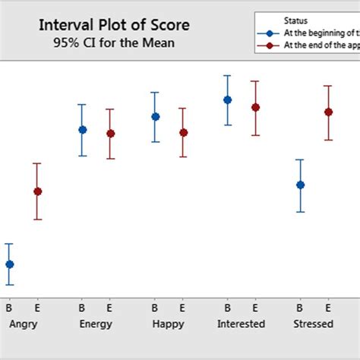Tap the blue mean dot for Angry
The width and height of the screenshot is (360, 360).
pyautogui.click(x=9, y=264)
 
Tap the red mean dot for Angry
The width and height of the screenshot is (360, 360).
pyautogui.click(x=37, y=191)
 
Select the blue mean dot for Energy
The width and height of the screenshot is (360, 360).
pyautogui.click(x=82, y=130)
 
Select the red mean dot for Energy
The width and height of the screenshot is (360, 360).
pyautogui.click(x=110, y=134)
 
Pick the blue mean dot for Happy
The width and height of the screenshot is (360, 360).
pyautogui.click(x=155, y=117)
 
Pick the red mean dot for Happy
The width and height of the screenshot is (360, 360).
pyautogui.click(x=183, y=133)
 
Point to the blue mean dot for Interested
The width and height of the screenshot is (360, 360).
pyautogui.click(x=227, y=99)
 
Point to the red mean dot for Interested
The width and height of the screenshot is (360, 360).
pyautogui.click(x=255, y=108)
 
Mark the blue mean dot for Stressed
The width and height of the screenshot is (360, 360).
pyautogui.click(x=300, y=185)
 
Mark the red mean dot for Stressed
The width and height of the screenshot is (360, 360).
pyautogui.click(x=328, y=112)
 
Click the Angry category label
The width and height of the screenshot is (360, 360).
pyautogui.click(x=23, y=324)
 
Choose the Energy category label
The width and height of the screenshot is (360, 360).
pyautogui.click(x=96, y=324)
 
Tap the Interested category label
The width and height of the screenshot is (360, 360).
pyautogui.click(x=241, y=324)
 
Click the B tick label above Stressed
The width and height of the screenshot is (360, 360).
pyautogui.click(x=300, y=308)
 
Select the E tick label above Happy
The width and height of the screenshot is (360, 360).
pyautogui.click(x=182, y=308)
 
